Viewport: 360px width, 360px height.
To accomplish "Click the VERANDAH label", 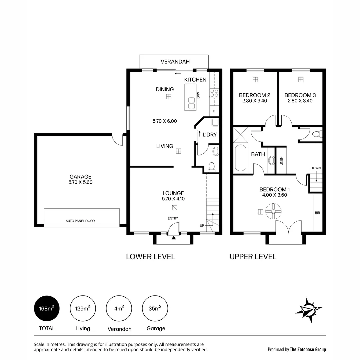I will [175, 62].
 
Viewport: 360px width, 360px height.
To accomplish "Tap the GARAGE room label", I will [80, 177].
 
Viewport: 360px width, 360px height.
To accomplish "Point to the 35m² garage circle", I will [155, 309].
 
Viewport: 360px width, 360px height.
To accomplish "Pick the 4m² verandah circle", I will [119, 309].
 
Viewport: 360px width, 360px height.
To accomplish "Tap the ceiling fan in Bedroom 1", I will [273, 211].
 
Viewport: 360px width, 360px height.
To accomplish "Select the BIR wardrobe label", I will [317, 212].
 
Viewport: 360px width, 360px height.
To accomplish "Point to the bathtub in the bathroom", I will [240, 158].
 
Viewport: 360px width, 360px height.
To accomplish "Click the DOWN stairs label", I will [316, 168].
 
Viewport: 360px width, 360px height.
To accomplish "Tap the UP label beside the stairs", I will [202, 226].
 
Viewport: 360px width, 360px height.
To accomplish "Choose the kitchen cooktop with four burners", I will [214, 93].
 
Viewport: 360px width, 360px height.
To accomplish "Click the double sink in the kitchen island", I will [191, 103].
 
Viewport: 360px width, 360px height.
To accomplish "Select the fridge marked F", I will [214, 111].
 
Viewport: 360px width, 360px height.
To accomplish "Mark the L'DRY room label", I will [210, 135].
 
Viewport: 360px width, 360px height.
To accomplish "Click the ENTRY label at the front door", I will [173, 218].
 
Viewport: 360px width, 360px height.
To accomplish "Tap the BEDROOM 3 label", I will [300, 95].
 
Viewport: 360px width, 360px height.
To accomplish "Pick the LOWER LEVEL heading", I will [150, 257].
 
